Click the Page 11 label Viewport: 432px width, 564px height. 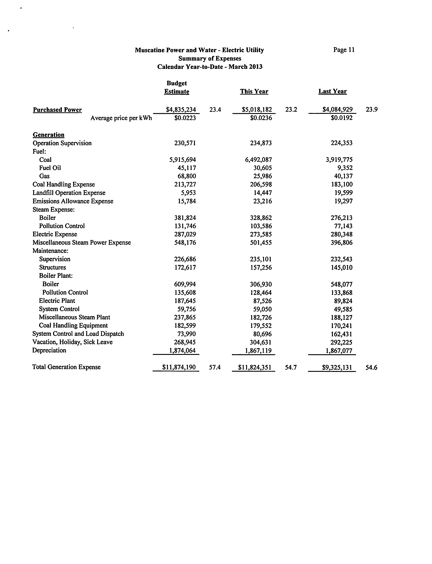[344, 50]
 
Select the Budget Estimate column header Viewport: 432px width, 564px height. [177, 87]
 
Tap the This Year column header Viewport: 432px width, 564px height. [254, 91]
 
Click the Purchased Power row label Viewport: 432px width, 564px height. [57, 110]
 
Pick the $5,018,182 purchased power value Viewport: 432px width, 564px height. [257, 110]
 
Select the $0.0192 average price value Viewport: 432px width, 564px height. [341, 118]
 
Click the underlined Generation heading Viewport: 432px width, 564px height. [49, 135]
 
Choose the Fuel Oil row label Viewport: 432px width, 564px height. [50, 168]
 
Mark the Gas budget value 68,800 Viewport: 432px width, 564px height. [187, 176]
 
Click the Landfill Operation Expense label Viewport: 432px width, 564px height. [69, 193]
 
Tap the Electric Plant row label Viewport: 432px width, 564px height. [57, 301]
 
